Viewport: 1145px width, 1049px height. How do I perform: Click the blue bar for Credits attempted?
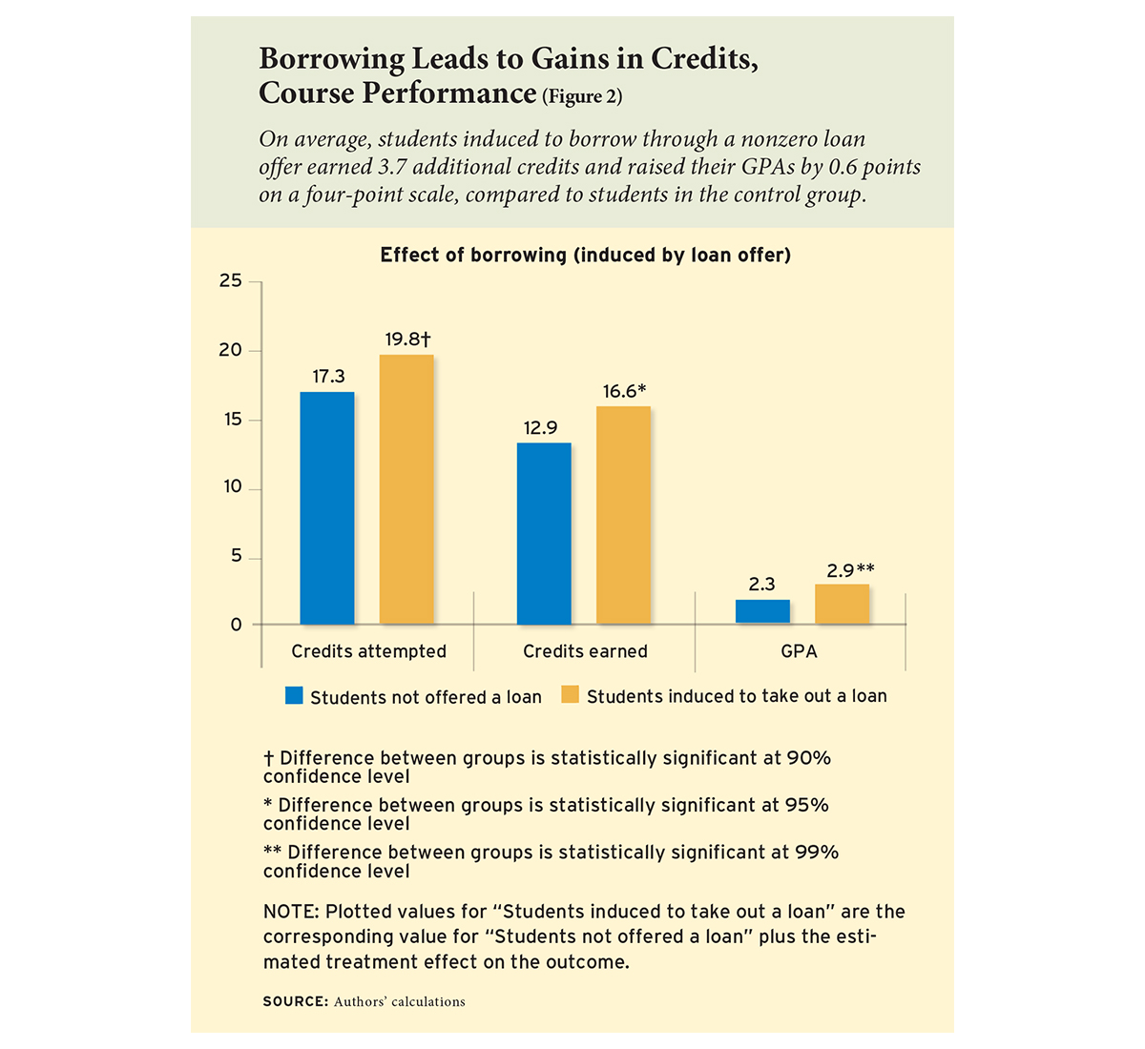[327, 508]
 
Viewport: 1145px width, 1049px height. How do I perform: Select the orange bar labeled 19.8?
[406, 489]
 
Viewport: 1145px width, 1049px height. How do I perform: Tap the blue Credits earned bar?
[544, 534]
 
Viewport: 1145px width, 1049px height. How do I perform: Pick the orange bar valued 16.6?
[623, 515]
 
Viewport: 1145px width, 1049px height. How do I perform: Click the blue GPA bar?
[762, 612]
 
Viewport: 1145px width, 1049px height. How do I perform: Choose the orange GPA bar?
[842, 605]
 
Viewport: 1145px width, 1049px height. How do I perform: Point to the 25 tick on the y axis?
[231, 280]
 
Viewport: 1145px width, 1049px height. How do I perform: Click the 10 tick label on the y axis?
[233, 487]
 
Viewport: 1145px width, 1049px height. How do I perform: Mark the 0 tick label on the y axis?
[237, 625]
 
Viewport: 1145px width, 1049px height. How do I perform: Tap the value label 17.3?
[328, 376]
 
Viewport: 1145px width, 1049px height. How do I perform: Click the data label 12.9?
[540, 427]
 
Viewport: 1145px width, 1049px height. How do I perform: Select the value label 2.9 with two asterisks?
[850, 570]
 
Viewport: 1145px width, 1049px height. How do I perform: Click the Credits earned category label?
[585, 651]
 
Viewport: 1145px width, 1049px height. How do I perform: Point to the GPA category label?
[799, 651]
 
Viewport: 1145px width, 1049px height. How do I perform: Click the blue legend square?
[294, 695]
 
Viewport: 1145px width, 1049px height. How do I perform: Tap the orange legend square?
[570, 694]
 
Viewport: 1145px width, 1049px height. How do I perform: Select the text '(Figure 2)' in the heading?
[582, 96]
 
